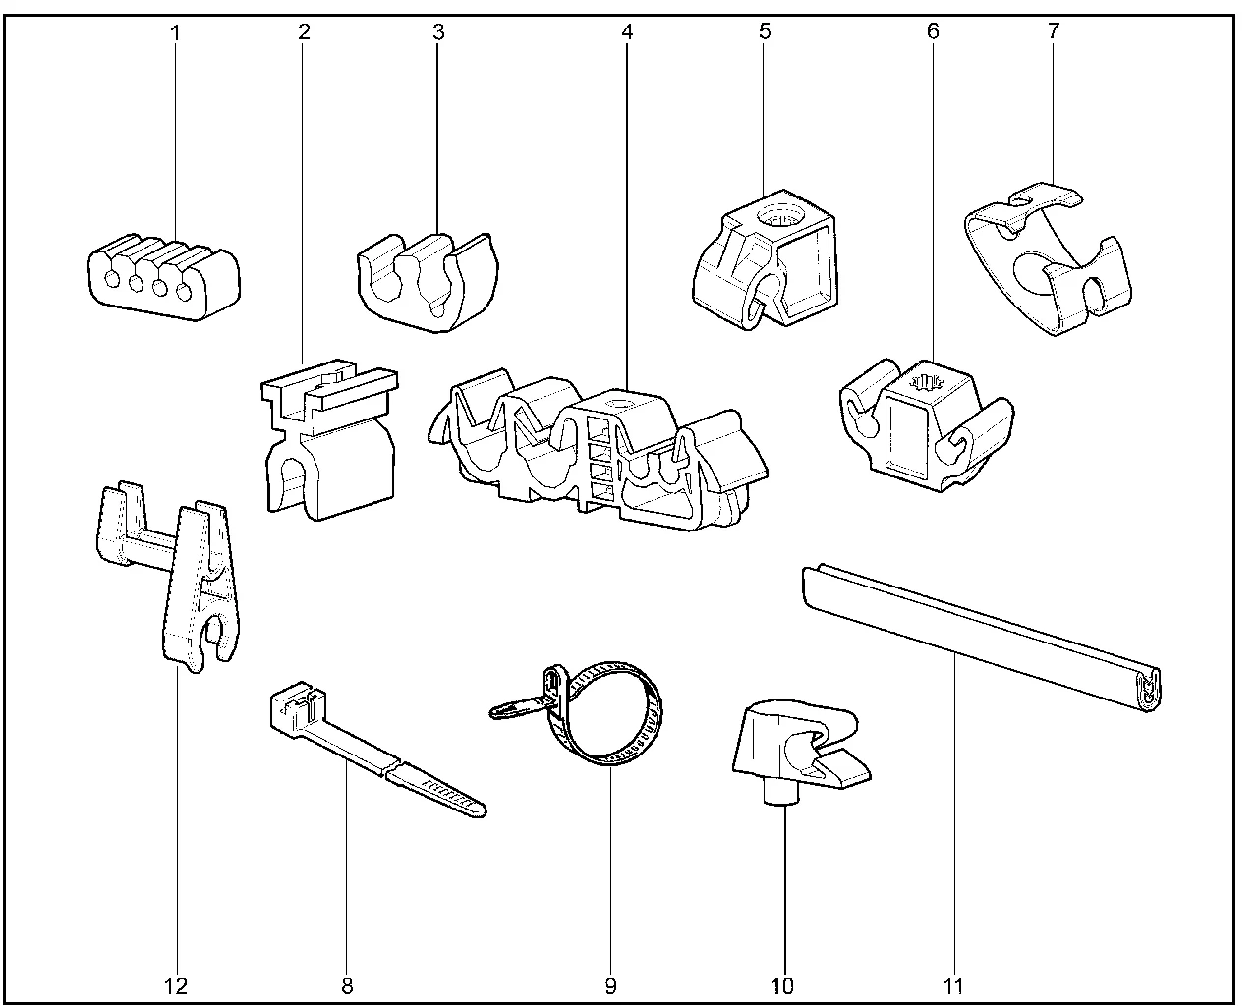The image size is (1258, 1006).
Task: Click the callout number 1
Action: (176, 31)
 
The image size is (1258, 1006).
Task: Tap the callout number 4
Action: (627, 31)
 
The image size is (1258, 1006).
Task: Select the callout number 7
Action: (1053, 31)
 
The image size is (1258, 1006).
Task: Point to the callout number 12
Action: (177, 985)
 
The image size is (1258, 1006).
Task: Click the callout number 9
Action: (610, 985)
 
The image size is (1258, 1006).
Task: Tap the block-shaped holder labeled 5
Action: (767, 260)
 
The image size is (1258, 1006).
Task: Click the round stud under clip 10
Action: (783, 791)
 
